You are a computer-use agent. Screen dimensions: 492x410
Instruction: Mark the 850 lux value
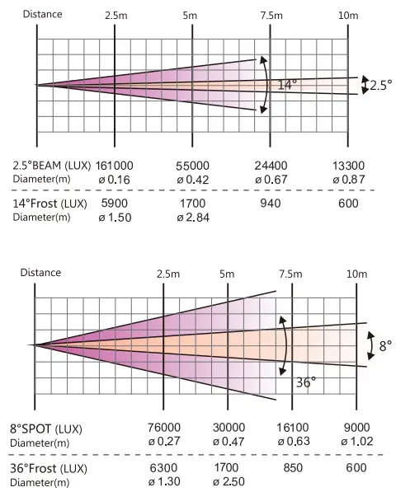tap(290, 467)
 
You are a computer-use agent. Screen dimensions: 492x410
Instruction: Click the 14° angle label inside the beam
tap(286, 84)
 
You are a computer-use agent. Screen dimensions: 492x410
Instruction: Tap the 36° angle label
tap(306, 382)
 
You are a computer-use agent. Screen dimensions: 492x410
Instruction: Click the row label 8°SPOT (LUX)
tap(51, 429)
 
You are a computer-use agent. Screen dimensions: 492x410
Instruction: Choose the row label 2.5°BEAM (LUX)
tap(51, 165)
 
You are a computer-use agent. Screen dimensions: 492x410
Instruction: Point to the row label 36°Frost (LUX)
tap(51, 468)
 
